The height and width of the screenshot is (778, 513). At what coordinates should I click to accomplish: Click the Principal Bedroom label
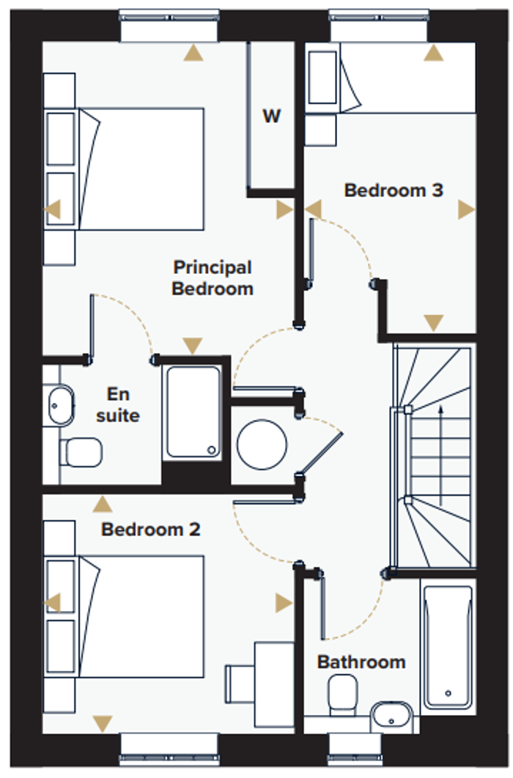pyautogui.click(x=212, y=278)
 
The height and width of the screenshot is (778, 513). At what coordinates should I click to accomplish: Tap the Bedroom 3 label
pyautogui.click(x=394, y=190)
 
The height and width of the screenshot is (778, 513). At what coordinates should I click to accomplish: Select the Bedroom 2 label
pyautogui.click(x=150, y=529)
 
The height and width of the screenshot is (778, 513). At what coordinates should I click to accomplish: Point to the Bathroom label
pyautogui.click(x=361, y=662)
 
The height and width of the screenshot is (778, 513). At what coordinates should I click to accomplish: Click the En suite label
pyautogui.click(x=117, y=404)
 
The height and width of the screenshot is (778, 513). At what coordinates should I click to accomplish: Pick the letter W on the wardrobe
pyautogui.click(x=272, y=116)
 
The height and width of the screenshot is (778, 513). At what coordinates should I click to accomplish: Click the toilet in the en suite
pyautogui.click(x=81, y=452)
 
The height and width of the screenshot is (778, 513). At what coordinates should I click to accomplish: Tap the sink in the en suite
pyautogui.click(x=60, y=405)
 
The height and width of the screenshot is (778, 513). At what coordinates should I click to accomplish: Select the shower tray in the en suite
pyautogui.click(x=192, y=412)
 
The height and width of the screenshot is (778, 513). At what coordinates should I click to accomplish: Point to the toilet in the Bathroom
pyautogui.click(x=342, y=694)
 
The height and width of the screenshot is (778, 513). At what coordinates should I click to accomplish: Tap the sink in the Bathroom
pyautogui.click(x=392, y=716)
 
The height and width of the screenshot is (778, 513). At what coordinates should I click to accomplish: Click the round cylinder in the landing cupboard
pyautogui.click(x=262, y=444)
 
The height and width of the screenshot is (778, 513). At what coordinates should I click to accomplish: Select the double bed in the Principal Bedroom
pyautogui.click(x=139, y=167)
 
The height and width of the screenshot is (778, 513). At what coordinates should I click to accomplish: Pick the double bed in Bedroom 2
pyautogui.click(x=139, y=615)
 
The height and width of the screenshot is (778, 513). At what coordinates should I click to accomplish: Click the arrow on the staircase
pyautogui.click(x=440, y=432)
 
